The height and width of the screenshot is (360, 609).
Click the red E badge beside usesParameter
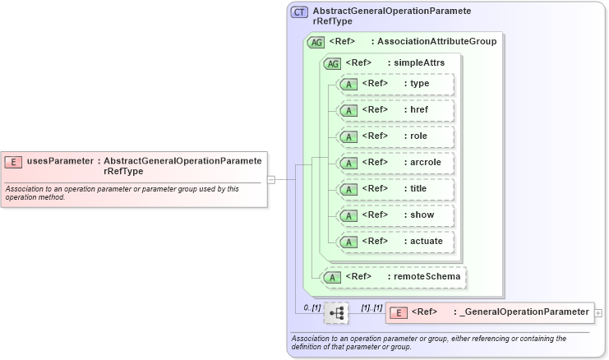[x=13, y=161]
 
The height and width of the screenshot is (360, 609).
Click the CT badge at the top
[x=299, y=12]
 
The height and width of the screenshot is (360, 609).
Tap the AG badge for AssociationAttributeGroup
[x=315, y=42]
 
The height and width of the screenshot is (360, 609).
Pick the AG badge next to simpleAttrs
[x=333, y=63]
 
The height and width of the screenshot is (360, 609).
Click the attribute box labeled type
[x=396, y=84]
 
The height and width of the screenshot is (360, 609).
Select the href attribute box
[x=396, y=110]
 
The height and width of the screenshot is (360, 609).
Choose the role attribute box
[x=396, y=136]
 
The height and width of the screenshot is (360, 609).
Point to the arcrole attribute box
[x=396, y=163]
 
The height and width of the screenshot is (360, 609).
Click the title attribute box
[x=396, y=189]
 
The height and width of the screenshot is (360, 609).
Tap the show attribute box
[x=396, y=215]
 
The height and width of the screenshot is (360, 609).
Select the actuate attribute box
[x=396, y=242]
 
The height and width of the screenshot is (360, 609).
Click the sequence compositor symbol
[x=336, y=313]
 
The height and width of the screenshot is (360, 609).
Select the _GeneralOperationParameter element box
[x=489, y=312]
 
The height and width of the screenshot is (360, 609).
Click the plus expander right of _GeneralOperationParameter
[x=598, y=312]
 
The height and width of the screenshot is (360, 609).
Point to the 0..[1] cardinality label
[x=311, y=307]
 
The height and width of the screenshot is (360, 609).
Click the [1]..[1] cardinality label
[x=371, y=307]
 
